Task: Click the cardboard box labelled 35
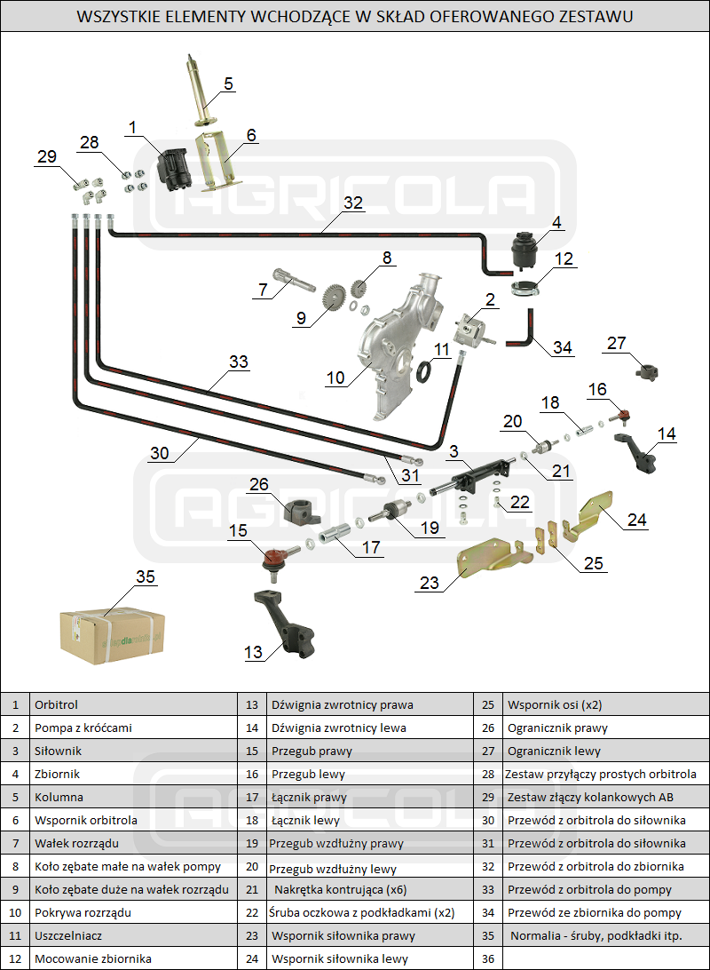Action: pos(111,634)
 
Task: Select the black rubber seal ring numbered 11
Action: pos(426,370)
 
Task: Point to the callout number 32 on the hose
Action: pos(353,203)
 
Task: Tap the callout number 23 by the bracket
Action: pos(430,583)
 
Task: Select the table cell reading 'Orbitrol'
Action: pos(57,704)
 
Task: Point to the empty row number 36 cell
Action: pos(489,958)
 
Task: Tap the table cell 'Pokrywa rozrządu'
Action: pos(83,912)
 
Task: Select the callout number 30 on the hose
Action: pos(159,453)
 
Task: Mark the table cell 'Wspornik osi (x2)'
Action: pos(555,704)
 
